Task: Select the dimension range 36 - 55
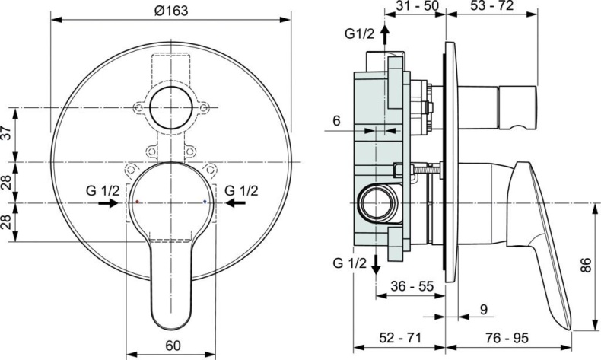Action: (412, 287)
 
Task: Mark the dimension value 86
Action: (585, 266)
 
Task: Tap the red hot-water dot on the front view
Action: (137, 203)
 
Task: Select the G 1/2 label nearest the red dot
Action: (102, 190)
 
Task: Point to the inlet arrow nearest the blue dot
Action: (235, 204)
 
